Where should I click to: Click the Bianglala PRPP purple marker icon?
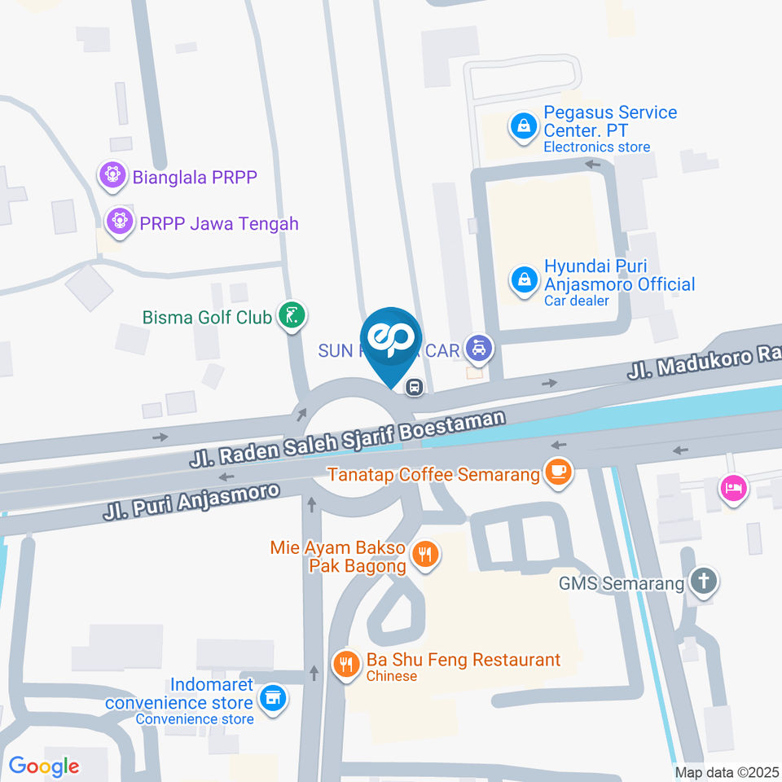click(112, 174)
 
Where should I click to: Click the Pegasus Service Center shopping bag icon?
click(522, 126)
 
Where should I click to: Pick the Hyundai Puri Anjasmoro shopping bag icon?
click(522, 281)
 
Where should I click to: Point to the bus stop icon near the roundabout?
click(415, 387)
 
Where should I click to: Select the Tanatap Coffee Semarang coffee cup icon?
click(558, 472)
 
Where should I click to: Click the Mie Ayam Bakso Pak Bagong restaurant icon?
click(424, 556)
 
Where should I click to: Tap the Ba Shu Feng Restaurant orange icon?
click(347, 663)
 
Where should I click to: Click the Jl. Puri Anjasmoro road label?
click(191, 501)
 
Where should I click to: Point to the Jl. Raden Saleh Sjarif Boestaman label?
click(348, 438)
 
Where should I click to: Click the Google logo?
click(44, 766)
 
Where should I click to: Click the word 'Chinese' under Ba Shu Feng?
click(392, 676)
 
